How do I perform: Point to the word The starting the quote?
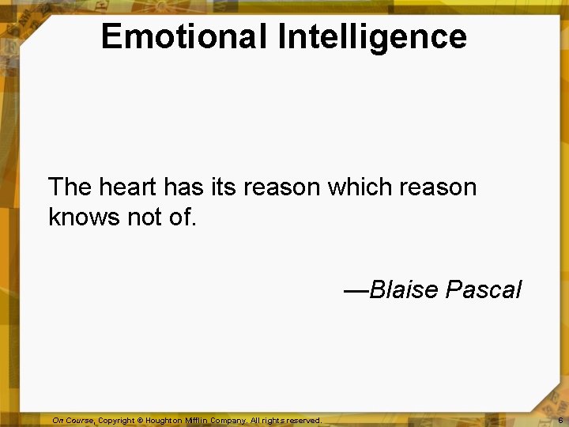(70, 187)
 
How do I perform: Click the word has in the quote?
(183, 187)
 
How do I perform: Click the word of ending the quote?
(182, 217)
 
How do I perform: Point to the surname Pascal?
(484, 289)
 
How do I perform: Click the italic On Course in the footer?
(73, 421)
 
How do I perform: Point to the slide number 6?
(560, 421)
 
